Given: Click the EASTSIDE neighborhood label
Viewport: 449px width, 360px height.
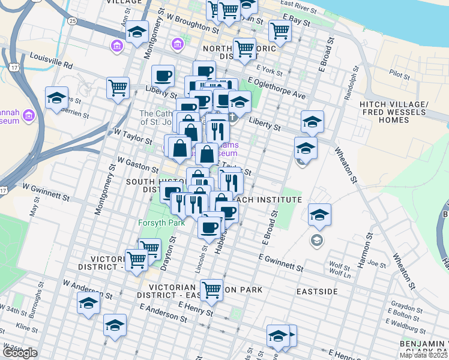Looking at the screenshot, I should point(317,291).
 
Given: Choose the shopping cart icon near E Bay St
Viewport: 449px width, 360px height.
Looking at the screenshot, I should point(280,31).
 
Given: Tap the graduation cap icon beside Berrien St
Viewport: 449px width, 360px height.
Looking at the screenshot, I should point(56,99).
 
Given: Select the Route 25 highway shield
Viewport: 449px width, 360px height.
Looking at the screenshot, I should point(73,21).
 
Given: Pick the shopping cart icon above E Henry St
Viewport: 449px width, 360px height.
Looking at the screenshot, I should point(211,290).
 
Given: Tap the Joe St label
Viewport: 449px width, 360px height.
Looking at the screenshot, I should point(377,263).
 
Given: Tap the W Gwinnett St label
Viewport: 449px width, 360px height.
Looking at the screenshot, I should point(46,194).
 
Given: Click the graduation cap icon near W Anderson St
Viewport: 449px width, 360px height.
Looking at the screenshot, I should point(88,304).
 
